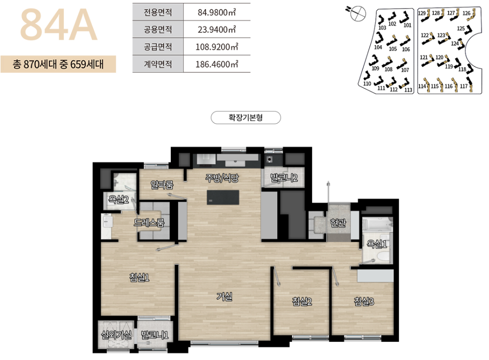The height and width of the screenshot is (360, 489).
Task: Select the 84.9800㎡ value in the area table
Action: coord(217,12)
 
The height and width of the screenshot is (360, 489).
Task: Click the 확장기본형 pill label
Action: coord(245,117)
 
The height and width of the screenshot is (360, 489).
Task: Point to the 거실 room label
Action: coord(224,297)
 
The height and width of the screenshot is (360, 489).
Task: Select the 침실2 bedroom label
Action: coord(302,301)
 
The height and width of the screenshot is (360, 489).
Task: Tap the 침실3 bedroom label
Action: coord(364,301)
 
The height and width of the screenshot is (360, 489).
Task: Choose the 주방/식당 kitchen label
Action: coord(222,178)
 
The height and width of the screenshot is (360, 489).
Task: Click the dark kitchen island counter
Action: coord(223,197)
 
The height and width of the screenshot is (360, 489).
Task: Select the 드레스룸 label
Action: coord(149,223)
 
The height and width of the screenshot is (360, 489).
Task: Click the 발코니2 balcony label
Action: coord(284,178)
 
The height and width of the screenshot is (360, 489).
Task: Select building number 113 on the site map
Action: coord(408,90)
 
